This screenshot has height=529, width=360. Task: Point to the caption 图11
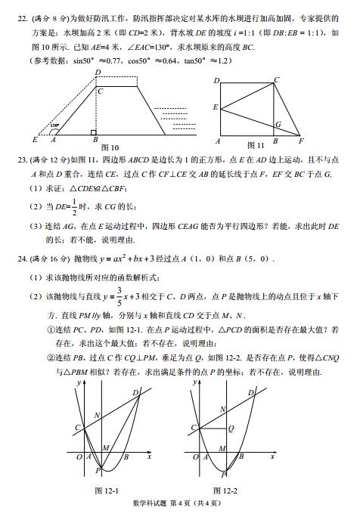[x=255, y=144]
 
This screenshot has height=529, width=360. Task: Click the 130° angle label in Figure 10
[x=54, y=126]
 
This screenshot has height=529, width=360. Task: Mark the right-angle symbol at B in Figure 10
[x=93, y=131]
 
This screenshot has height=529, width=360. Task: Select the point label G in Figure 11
[x=278, y=123]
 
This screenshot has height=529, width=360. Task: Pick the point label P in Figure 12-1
[x=98, y=471]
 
